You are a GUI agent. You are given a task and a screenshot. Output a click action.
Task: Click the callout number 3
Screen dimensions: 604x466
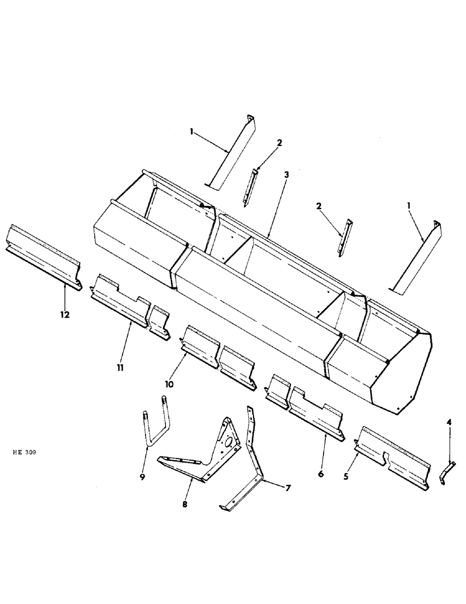(x=286, y=174)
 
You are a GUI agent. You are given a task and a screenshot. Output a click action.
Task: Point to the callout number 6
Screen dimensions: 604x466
(x=321, y=475)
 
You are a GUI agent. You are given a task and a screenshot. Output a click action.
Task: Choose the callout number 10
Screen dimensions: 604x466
(x=170, y=384)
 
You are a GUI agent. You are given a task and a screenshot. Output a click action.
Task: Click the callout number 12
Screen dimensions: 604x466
(x=65, y=315)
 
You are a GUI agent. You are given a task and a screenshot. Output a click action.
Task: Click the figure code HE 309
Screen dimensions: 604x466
(x=25, y=452)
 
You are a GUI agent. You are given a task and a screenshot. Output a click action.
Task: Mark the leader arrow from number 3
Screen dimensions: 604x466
(x=276, y=205)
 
